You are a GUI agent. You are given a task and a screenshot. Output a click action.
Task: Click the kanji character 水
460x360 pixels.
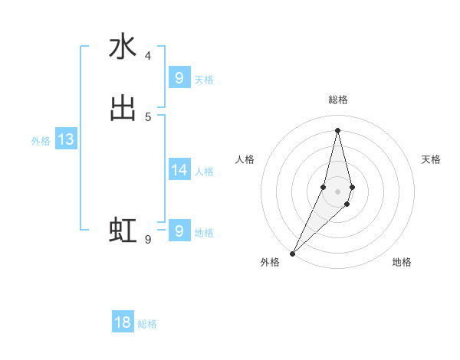point(123,47)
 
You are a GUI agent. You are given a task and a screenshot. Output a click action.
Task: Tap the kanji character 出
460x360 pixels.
point(123,108)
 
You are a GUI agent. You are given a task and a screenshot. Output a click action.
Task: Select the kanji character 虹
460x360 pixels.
point(123,230)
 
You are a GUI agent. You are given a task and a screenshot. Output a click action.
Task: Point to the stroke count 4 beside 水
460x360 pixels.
point(148,56)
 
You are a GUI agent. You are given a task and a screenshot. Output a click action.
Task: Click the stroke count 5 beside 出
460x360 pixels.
point(148,116)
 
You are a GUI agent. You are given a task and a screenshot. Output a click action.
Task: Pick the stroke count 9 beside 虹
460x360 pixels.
point(148,240)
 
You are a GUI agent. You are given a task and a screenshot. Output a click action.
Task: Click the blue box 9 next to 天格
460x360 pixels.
point(179,77)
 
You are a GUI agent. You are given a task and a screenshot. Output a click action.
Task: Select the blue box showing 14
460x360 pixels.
point(179,169)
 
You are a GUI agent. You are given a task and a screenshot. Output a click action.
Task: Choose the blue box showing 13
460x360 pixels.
point(66,139)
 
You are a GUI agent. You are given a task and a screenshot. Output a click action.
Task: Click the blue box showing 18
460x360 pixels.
point(123,322)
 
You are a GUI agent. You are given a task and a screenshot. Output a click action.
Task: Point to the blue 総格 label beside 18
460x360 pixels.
point(147,324)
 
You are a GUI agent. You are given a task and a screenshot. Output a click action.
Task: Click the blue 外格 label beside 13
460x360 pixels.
point(41,141)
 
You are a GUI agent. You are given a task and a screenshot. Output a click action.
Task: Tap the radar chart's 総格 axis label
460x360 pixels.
point(337,100)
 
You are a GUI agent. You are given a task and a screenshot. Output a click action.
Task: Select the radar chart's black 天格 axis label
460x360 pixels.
point(431,159)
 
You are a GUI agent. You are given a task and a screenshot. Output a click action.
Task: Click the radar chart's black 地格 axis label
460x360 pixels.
point(402,262)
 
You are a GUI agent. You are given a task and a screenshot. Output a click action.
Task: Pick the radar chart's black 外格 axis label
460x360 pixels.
point(270,262)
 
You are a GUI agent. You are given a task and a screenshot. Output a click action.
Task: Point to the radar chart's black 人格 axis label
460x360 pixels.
point(245,159)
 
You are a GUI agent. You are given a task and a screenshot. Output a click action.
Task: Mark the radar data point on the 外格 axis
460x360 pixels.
point(292,252)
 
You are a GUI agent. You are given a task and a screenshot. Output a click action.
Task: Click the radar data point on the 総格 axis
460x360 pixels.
point(337,129)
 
